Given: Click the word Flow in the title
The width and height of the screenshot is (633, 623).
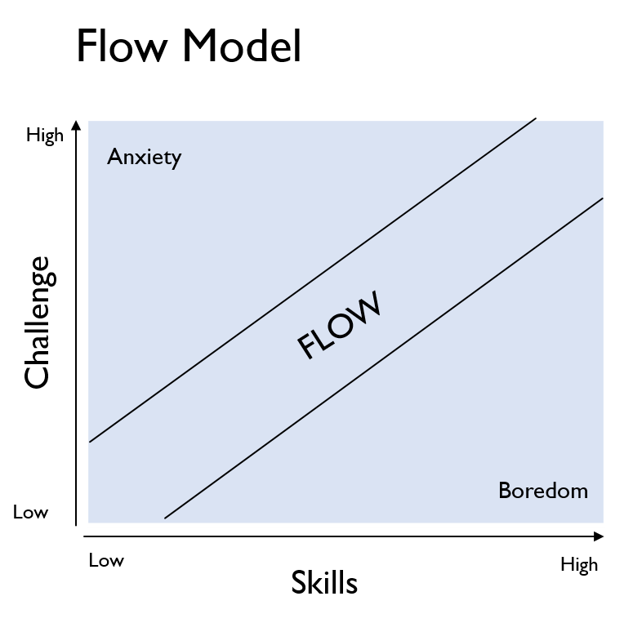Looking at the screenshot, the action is point(122,46).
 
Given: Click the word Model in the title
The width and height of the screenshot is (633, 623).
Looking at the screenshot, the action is point(243,46).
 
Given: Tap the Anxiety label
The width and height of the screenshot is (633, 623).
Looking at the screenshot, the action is point(144,158).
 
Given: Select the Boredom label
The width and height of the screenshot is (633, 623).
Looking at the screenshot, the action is point(543,491).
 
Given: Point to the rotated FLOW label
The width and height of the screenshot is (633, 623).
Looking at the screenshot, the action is point(339,325).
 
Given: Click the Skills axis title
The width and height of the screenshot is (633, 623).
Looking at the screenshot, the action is point(324,583).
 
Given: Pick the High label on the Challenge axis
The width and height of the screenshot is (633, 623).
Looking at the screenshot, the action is point(45,136).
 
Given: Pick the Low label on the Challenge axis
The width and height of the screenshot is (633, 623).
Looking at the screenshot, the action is point(31,513).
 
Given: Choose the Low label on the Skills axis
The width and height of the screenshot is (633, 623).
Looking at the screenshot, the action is point(106,560).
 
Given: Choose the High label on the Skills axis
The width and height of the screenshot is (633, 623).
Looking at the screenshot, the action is point(579,565).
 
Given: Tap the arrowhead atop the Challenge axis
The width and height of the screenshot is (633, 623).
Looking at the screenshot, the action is point(76,125).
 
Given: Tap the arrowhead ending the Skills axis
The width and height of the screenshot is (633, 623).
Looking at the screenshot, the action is point(599,536).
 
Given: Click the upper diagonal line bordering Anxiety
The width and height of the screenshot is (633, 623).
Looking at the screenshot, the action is point(313,280).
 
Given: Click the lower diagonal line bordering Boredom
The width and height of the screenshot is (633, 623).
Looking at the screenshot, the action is point(384,358).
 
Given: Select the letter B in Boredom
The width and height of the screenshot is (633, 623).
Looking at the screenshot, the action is point(505,491).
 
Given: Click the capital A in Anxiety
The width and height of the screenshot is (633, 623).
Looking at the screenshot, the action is point(114,157).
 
